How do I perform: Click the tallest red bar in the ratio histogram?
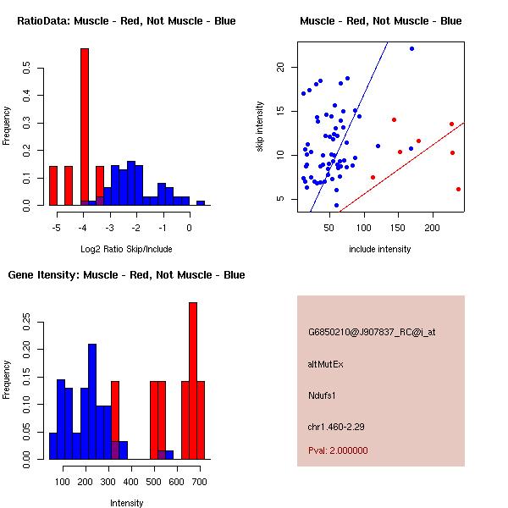point(85,126)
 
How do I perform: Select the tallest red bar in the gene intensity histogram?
point(193,381)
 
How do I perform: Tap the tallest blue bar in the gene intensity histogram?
point(92,401)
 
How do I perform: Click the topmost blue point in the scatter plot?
point(411,49)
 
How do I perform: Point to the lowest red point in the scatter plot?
point(458,189)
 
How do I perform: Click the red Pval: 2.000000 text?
point(338,450)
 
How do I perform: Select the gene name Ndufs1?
point(322,395)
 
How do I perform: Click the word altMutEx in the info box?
point(325,364)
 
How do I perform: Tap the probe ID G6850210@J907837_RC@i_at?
point(372,333)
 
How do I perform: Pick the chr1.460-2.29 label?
point(336,427)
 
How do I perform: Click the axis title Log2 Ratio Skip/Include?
point(126,249)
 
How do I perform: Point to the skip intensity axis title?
point(260,126)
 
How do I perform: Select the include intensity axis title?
point(379,249)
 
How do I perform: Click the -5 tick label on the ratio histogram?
point(56,228)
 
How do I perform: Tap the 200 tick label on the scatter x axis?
point(432,228)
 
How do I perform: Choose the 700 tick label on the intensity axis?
point(199,482)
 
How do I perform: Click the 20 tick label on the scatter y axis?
point(280,67)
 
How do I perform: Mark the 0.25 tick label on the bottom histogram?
point(26,323)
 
